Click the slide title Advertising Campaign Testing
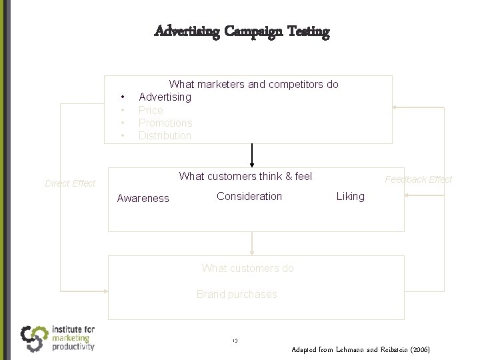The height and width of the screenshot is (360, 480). tap(241, 31)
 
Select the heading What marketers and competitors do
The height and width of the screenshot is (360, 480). tap(253, 85)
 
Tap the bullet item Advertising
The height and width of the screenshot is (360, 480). tap(165, 97)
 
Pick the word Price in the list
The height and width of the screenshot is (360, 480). tap(150, 110)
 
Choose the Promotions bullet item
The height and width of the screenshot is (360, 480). tap(165, 123)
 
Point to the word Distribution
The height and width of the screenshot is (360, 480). tap(165, 135)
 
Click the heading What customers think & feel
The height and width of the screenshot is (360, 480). tap(245, 177)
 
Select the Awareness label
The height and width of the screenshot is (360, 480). tap(143, 198)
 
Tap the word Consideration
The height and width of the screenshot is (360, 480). tap(249, 196)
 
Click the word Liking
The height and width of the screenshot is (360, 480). tap(351, 196)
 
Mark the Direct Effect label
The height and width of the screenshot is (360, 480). tap(70, 183)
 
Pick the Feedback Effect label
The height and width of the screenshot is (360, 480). tap(419, 179)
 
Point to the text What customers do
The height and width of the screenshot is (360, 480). tap(247, 269)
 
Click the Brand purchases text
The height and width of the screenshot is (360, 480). tap(237, 294)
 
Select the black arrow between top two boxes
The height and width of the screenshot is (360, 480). tap(252, 155)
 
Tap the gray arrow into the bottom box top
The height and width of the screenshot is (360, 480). tap(252, 243)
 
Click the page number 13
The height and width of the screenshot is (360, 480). tap(236, 341)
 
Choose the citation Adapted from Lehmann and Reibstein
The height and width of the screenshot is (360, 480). tap(361, 349)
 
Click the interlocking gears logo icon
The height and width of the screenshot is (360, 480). tap(34, 338)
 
